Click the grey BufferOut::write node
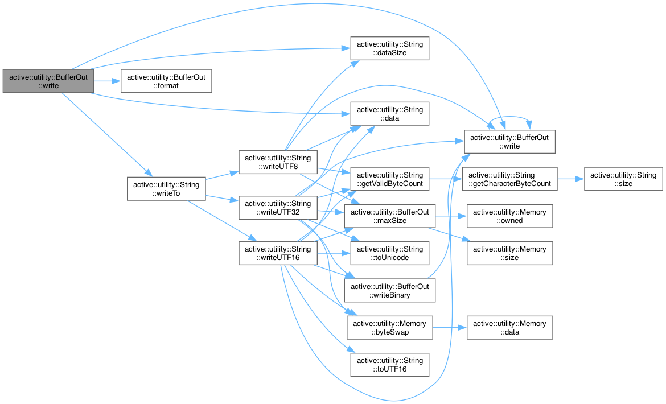[x=48, y=81]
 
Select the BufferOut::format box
[x=166, y=81]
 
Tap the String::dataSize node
[x=389, y=48]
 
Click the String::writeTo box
[x=166, y=188]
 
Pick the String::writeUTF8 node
[x=278, y=162]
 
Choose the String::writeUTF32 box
[x=278, y=208]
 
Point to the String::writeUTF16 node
[x=278, y=253]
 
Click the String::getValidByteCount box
[x=389, y=179]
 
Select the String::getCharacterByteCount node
[x=509, y=179]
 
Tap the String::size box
[x=623, y=179]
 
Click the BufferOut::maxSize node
[x=390, y=216]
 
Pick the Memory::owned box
[x=509, y=216]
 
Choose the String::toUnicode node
[x=389, y=253]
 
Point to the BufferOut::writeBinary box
[x=390, y=290]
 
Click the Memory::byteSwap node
[x=390, y=328]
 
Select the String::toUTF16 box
[x=389, y=365]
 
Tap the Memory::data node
[x=509, y=328]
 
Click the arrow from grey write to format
[x=106, y=81]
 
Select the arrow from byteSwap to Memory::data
[x=450, y=328]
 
